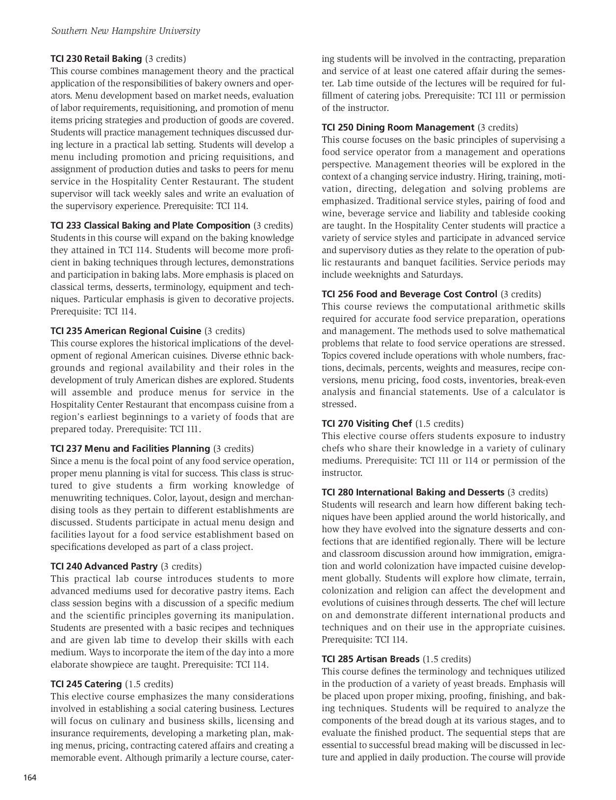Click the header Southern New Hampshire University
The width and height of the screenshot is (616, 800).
click(x=126, y=31)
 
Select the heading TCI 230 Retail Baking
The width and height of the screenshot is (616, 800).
click(x=96, y=59)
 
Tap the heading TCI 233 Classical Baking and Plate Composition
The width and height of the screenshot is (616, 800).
click(x=151, y=226)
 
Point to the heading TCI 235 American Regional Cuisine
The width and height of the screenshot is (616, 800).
click(x=126, y=331)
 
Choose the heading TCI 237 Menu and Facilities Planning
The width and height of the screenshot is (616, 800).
click(x=130, y=449)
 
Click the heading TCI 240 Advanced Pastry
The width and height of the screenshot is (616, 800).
click(x=104, y=567)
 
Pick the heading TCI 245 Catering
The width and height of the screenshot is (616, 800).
click(x=86, y=684)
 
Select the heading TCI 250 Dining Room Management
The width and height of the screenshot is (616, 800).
click(x=398, y=128)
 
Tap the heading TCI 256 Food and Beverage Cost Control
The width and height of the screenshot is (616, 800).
click(x=410, y=294)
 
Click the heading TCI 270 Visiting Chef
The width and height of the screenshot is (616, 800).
click(x=367, y=424)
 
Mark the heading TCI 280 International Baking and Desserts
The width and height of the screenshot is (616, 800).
click(x=413, y=492)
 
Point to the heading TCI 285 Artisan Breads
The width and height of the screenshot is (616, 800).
click(x=371, y=659)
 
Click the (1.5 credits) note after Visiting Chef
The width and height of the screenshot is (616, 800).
click(x=439, y=424)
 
